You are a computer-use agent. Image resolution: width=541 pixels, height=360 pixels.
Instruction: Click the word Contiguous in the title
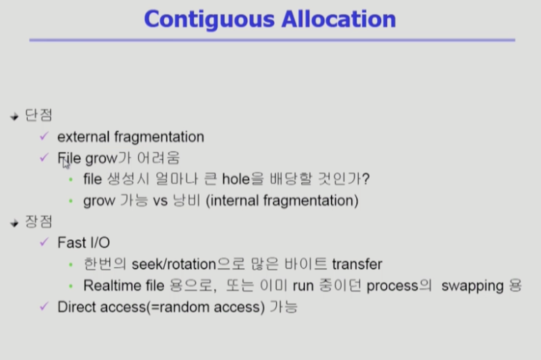coord(209,20)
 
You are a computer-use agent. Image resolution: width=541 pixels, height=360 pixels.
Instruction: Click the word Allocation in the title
coord(339,19)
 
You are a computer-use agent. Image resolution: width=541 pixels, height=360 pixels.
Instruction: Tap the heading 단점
coord(39,115)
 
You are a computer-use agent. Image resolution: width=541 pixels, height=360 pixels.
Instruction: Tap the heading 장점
coord(39,221)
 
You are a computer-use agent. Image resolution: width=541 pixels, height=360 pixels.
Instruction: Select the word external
coord(84,137)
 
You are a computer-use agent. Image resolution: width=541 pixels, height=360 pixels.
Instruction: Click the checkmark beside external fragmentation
coord(44,136)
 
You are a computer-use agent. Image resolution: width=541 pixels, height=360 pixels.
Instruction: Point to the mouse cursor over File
coord(66,164)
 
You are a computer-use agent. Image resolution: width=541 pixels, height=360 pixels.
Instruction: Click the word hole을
coord(243,179)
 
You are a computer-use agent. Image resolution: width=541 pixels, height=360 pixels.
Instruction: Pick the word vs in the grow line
coord(160,201)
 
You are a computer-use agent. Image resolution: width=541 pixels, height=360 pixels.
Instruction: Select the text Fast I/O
coord(84,243)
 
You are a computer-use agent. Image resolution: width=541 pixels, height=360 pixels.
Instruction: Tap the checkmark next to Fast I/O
coord(44,241)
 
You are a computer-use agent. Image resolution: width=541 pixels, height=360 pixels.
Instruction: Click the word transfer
coord(357,264)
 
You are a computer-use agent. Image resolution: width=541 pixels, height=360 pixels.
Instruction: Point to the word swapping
coord(472,286)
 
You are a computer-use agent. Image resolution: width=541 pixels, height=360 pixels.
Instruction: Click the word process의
coord(399,286)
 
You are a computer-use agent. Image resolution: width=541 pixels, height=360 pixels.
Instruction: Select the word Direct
coord(76,307)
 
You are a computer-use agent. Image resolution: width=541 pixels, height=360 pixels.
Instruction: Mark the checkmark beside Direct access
coord(44,306)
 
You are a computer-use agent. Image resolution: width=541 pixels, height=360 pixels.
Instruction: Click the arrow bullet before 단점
coord(14,116)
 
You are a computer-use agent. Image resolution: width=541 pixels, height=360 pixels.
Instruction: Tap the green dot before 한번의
coord(71,265)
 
